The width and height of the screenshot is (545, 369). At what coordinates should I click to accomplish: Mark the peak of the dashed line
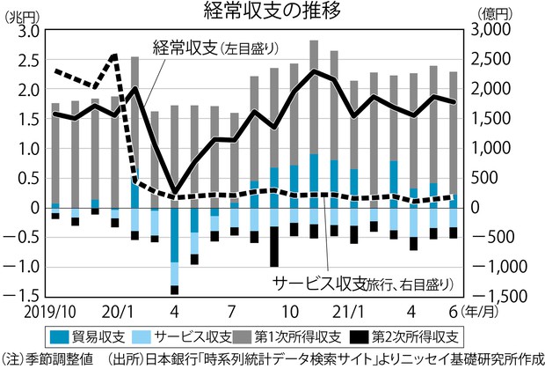115,56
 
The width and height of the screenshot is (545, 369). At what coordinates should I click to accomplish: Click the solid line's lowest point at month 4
175,191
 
